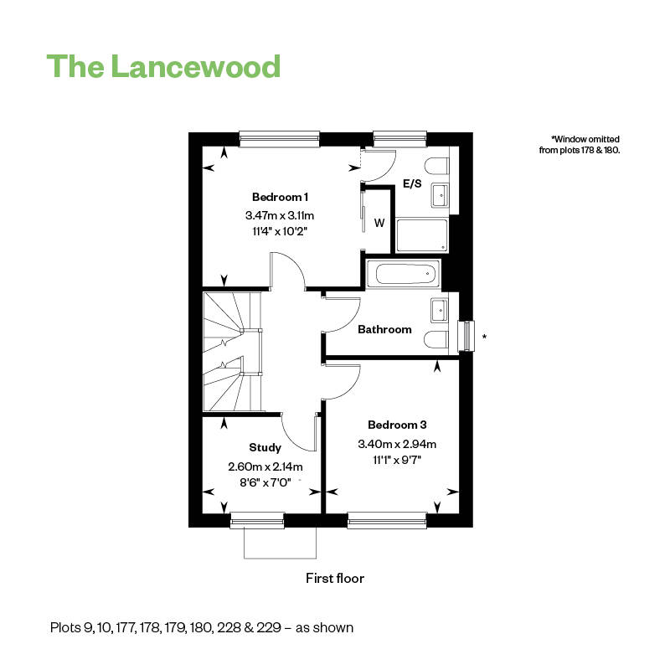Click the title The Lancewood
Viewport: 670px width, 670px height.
click(x=163, y=66)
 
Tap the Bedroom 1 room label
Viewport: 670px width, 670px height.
click(x=280, y=197)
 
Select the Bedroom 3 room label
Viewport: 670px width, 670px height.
click(x=397, y=425)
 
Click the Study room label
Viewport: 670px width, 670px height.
click(x=265, y=448)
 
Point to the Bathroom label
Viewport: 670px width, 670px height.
click(x=384, y=329)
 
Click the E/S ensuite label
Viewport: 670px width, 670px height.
click(x=412, y=183)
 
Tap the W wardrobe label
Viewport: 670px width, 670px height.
click(x=379, y=223)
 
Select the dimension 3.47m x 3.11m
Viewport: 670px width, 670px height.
click(x=280, y=215)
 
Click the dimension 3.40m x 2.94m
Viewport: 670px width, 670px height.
click(x=397, y=444)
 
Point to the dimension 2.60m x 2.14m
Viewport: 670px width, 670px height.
click(x=265, y=466)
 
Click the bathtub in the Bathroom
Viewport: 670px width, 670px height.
click(x=404, y=274)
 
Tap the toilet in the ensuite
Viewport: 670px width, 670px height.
click(x=436, y=166)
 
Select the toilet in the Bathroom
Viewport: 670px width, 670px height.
click(x=435, y=340)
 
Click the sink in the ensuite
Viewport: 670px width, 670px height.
click(x=439, y=196)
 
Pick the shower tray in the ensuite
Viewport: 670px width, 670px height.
click(x=422, y=235)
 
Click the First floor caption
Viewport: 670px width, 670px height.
click(x=335, y=579)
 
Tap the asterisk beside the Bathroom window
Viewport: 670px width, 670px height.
click(x=485, y=337)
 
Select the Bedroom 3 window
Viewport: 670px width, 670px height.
click(x=387, y=520)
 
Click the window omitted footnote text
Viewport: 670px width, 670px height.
click(x=580, y=144)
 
